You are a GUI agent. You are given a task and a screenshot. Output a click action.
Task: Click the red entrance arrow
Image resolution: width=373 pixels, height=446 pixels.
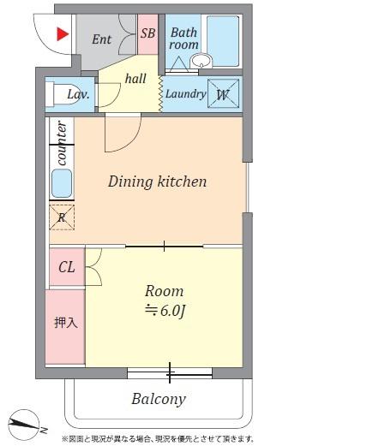click(63, 34)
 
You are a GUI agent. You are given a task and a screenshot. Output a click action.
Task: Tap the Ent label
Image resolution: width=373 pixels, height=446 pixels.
click(102, 39)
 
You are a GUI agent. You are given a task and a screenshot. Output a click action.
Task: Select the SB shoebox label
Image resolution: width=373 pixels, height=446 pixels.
click(147, 33)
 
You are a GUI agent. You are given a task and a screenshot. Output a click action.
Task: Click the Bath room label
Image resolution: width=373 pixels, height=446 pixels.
click(183, 39)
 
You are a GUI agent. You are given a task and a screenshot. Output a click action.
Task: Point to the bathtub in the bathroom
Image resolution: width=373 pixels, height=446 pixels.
click(223, 41)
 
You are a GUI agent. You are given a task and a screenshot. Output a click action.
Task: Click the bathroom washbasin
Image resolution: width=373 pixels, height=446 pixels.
click(202, 61)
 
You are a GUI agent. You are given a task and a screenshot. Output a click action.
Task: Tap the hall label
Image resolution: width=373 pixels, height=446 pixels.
click(135, 79)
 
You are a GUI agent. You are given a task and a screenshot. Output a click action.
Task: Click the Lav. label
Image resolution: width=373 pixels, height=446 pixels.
click(78, 94)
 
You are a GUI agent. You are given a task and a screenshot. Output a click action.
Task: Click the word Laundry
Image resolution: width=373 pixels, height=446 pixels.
click(185, 94)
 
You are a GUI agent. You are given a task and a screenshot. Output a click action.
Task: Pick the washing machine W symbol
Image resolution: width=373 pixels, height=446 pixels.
click(223, 93)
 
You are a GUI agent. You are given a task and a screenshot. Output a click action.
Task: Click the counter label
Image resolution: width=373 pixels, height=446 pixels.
click(63, 143)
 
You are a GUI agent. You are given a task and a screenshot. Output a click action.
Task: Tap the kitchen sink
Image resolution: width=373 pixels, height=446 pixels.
click(62, 183)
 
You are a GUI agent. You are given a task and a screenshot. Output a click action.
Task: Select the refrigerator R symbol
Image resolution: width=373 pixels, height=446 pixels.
click(62, 217)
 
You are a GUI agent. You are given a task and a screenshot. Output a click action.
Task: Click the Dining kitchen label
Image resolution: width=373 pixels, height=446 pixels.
click(157, 181)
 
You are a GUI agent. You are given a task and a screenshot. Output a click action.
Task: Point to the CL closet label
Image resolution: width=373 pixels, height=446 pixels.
click(67, 267)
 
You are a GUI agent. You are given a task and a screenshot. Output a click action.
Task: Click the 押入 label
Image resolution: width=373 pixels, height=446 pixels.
click(66, 323)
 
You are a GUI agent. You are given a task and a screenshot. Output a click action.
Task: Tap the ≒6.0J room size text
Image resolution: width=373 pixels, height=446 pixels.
click(165, 311)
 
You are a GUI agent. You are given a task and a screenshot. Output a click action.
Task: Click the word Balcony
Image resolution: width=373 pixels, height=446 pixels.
click(159, 399)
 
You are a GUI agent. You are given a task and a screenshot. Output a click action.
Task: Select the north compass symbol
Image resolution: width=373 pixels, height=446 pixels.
click(24, 425)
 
